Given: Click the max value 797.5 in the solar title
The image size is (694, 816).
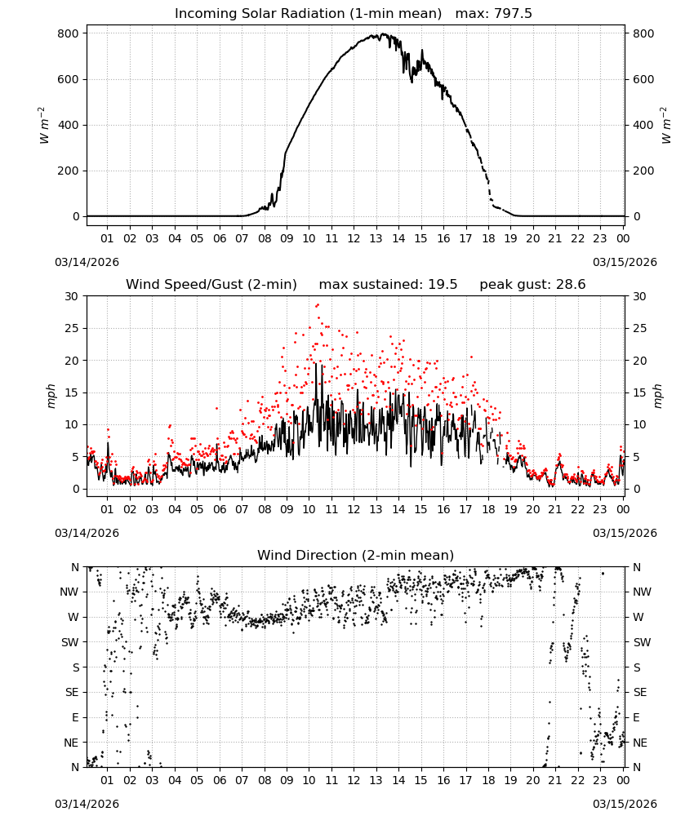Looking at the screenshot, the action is [x=513, y=13].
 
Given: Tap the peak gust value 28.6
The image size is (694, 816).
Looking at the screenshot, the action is [x=571, y=284].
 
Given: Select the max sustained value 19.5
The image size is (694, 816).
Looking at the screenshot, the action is [x=443, y=284].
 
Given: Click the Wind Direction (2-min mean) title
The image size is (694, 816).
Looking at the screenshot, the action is [x=356, y=555].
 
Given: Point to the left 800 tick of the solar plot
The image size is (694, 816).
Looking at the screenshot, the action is [x=69, y=33].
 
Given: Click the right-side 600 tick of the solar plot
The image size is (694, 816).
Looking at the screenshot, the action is [x=643, y=79].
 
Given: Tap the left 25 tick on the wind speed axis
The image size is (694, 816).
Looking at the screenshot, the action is [x=73, y=328].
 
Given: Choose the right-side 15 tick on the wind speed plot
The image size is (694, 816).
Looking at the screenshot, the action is [x=640, y=392].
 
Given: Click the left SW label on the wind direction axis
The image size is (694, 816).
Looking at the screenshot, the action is [x=70, y=642].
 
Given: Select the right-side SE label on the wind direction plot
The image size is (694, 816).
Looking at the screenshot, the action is [x=640, y=692].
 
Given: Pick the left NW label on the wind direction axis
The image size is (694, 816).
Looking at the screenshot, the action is [x=69, y=592].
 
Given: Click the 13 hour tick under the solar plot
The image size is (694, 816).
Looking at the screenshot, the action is [x=376, y=238].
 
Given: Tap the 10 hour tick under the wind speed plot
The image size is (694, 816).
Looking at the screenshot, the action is [x=309, y=509].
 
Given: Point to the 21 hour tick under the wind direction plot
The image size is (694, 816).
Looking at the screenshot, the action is [x=555, y=780].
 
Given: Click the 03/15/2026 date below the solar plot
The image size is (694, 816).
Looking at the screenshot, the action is [x=625, y=262].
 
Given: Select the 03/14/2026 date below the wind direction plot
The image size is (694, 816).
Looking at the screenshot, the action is [x=87, y=804].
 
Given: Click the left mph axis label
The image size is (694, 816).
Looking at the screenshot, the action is [x=51, y=396].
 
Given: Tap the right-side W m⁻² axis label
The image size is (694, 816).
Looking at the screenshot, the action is [x=666, y=126].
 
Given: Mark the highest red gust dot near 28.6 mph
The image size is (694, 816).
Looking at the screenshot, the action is [x=318, y=305].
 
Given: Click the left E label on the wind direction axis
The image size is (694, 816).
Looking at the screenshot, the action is [x=75, y=717].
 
